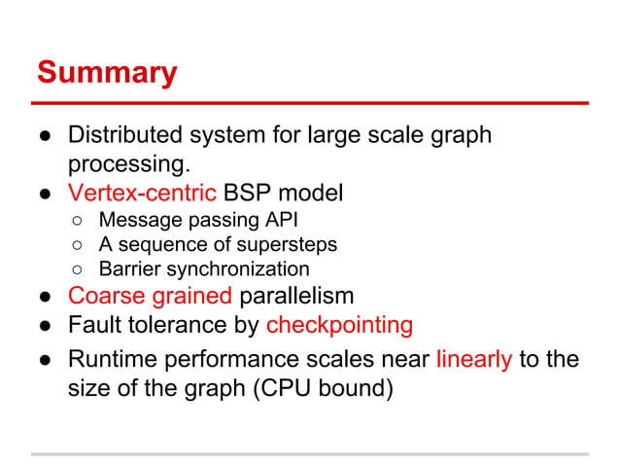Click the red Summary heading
(x=107, y=72)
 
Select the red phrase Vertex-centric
(x=140, y=193)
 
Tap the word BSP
(x=247, y=193)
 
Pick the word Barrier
(x=130, y=268)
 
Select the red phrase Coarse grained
(x=150, y=296)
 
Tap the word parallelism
(x=296, y=296)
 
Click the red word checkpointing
(x=339, y=324)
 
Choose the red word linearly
(x=474, y=359)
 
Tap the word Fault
(x=94, y=324)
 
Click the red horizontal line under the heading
(x=310, y=102)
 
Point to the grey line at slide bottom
(x=310, y=453)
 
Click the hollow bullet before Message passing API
(x=79, y=220)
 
